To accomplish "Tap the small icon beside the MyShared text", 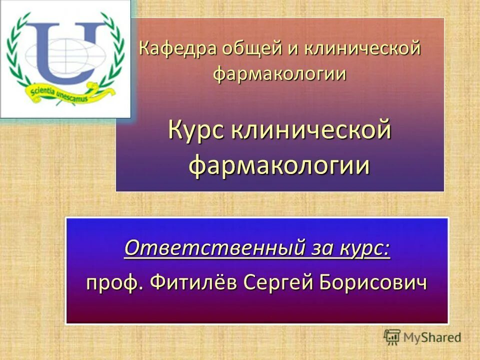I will pos(392,337).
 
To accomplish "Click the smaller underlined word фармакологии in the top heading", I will pos(280,74).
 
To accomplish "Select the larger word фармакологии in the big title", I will pos(280,165).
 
